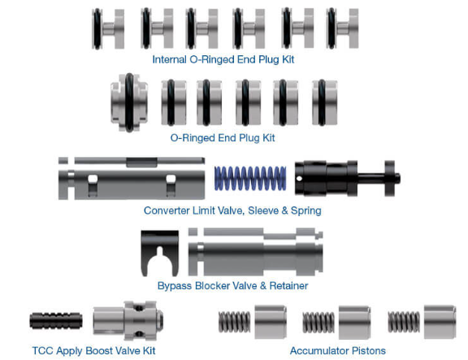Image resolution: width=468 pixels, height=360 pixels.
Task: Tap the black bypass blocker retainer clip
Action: (159, 252)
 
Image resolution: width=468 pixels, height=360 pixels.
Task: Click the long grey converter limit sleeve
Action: (130, 178)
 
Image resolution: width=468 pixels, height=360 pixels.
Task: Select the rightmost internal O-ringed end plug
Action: (342, 28)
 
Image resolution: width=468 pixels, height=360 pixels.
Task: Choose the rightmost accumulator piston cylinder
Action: (440, 322)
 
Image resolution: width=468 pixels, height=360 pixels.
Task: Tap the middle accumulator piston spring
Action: (318, 322)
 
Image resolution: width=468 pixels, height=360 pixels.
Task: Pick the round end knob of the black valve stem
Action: (395, 176)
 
